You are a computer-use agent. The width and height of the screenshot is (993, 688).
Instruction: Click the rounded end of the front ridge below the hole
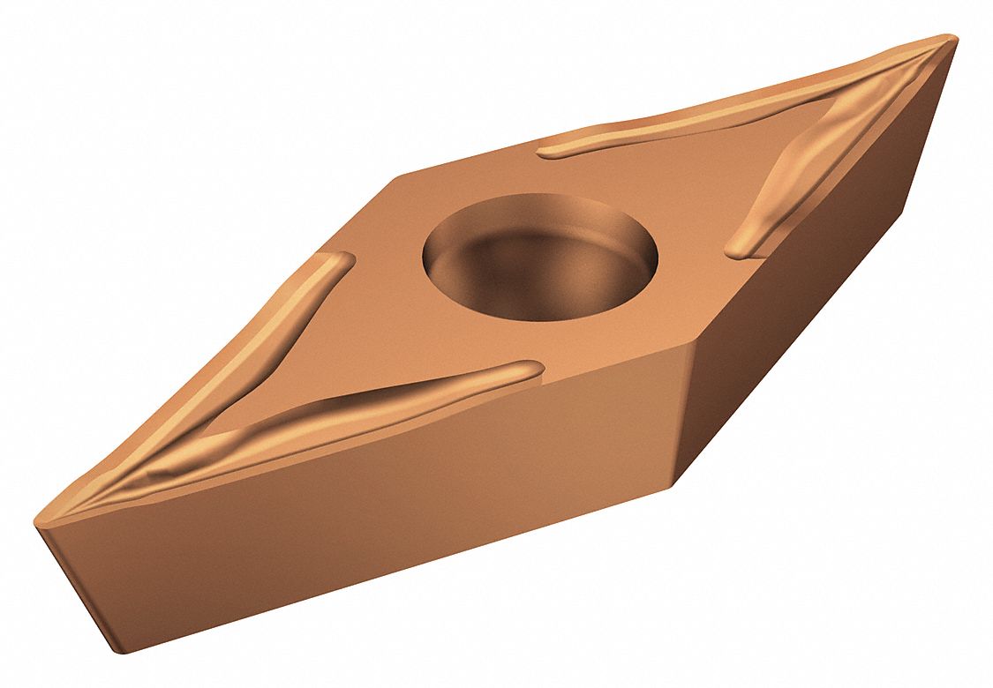(x=530, y=370)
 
